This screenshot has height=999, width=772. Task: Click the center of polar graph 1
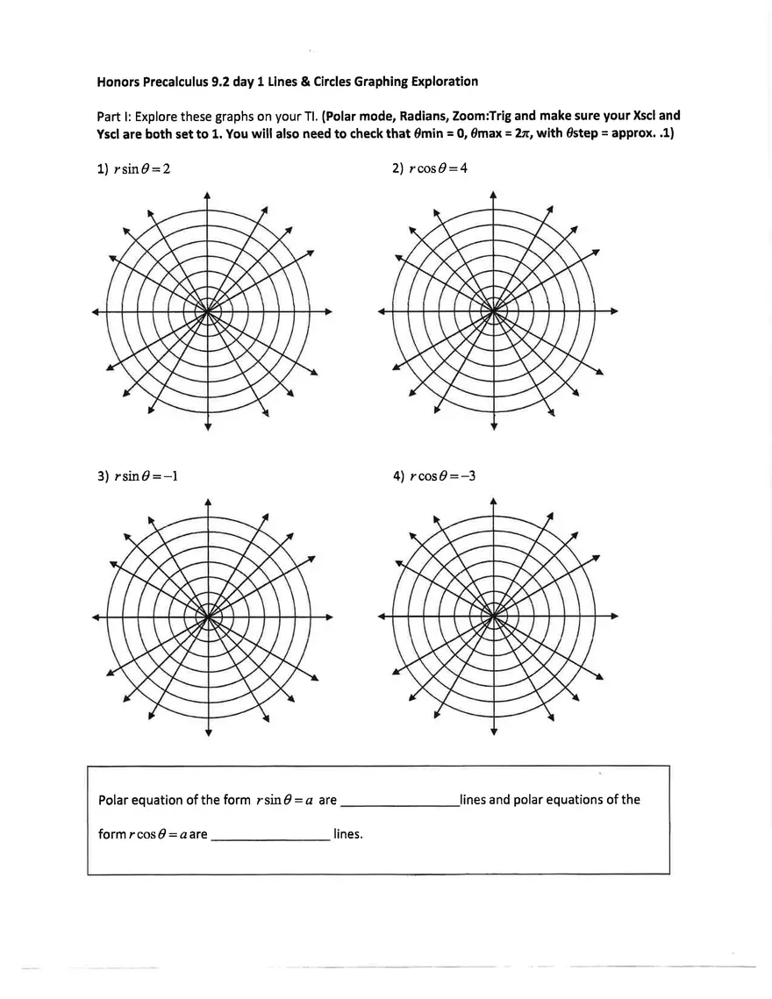[x=207, y=310]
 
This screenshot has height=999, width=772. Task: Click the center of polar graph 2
[x=493, y=310]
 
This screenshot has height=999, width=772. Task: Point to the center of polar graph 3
[x=207, y=617]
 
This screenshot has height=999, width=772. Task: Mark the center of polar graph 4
[x=493, y=617]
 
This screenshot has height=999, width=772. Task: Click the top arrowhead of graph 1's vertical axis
[x=207, y=194]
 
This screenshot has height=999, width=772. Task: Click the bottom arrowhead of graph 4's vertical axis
[x=493, y=733]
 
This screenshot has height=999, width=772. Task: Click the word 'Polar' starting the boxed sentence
[x=114, y=800]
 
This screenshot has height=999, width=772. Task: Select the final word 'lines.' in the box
[x=348, y=834]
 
